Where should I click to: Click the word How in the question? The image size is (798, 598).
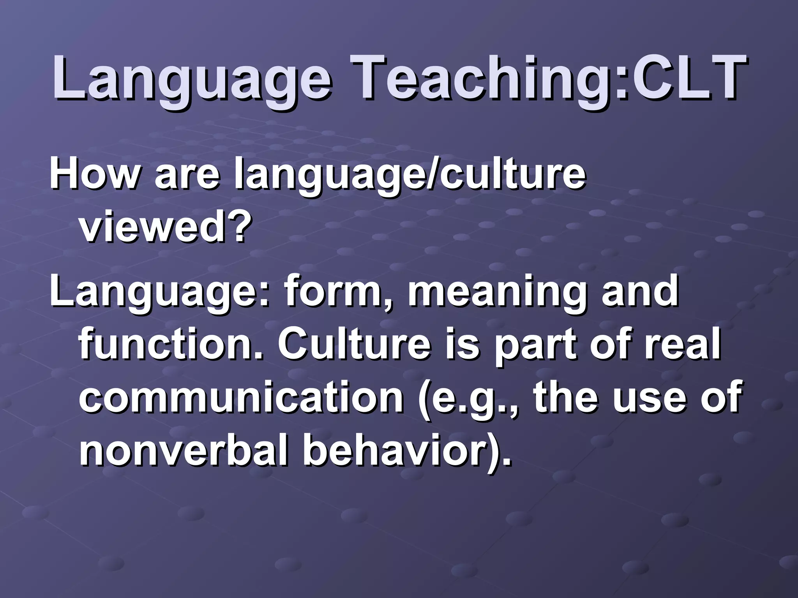94,174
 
